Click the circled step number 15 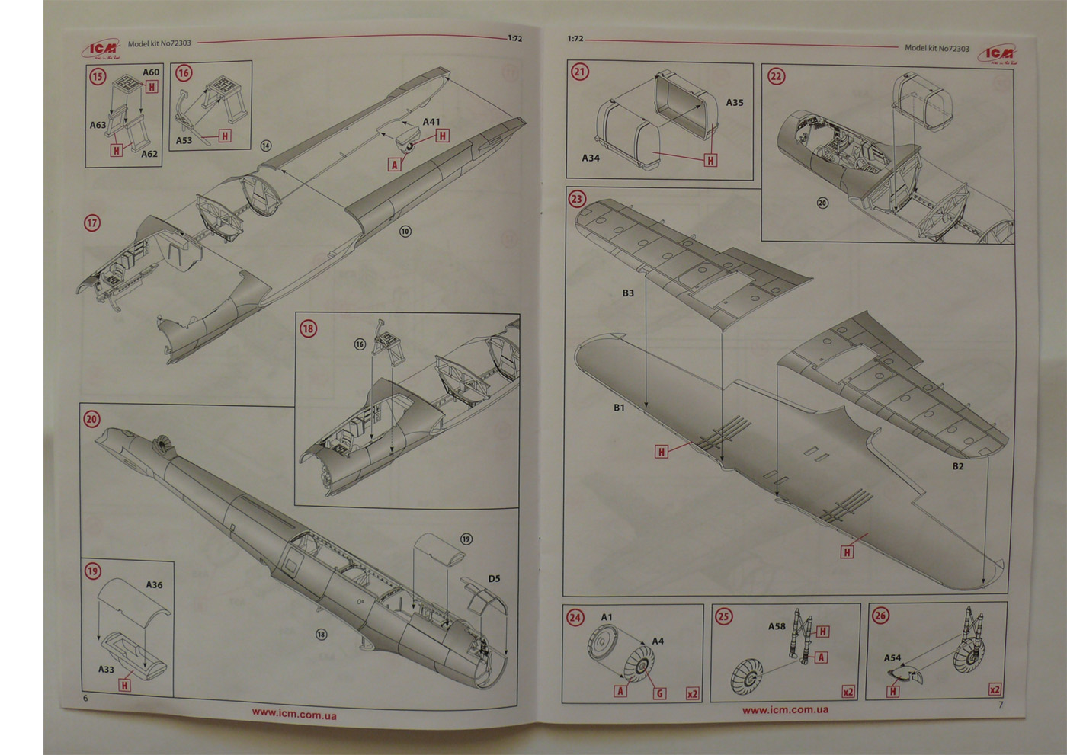tap(98, 76)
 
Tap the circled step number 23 tap(577, 200)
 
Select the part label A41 tap(431, 122)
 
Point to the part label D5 tap(494, 578)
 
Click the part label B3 tap(628, 293)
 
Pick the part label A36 tap(154, 585)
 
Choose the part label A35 tap(735, 102)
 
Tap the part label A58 tap(776, 626)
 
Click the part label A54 tap(892, 657)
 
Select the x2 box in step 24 tap(692, 693)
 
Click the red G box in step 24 tap(659, 693)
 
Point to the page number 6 tap(85, 698)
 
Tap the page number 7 tap(1001, 704)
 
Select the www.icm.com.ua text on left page tap(294, 714)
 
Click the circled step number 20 tap(92, 419)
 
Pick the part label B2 tap(958, 466)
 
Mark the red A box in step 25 tap(821, 657)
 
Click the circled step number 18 tap(308, 328)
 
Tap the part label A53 tap(184, 140)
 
